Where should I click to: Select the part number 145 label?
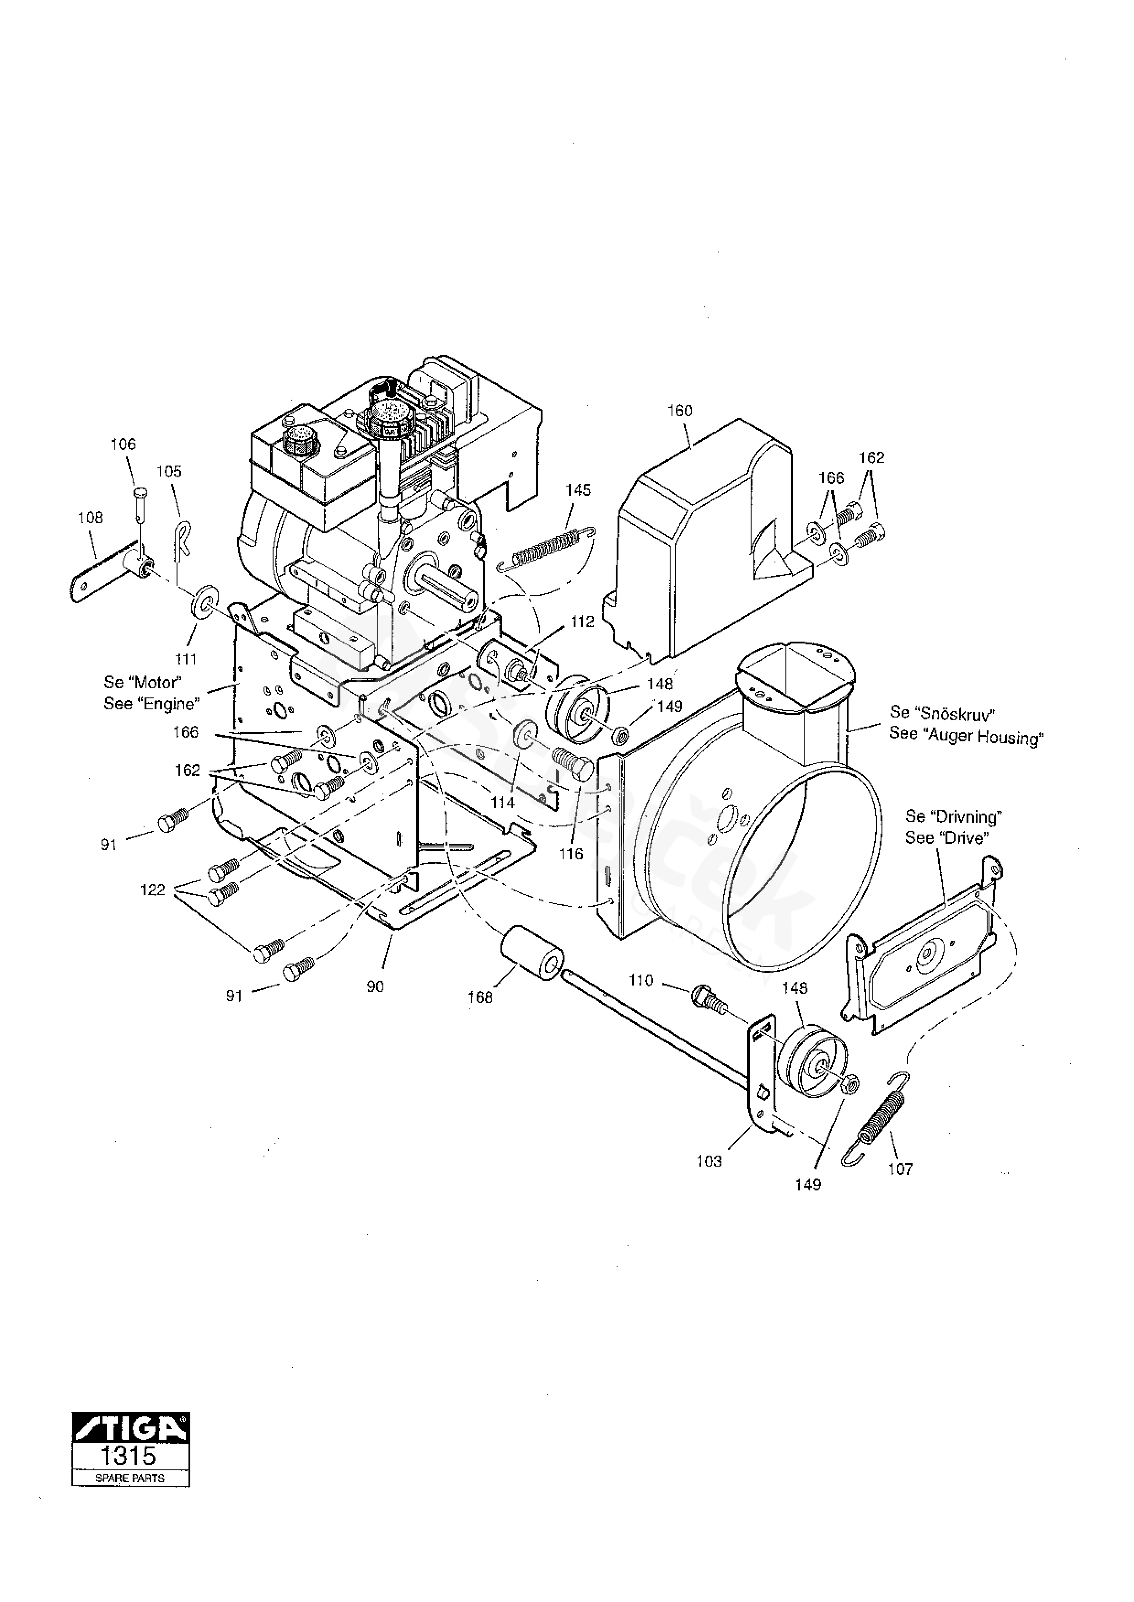[578, 490]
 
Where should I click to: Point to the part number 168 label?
[480, 997]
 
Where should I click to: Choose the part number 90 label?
[375, 986]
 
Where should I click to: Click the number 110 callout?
[640, 981]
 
